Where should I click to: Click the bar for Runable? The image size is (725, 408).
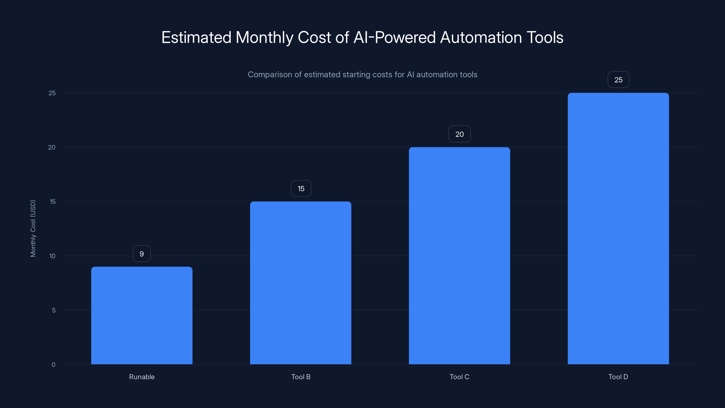click(142, 315)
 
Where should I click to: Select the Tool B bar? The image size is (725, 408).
click(301, 283)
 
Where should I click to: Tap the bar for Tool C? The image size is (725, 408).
click(459, 256)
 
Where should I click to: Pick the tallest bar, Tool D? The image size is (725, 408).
click(618, 228)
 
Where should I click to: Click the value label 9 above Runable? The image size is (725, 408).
click(142, 254)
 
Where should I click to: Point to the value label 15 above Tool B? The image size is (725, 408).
click(301, 188)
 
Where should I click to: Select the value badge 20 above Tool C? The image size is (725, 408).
click(459, 134)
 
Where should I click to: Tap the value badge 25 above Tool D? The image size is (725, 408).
click(618, 80)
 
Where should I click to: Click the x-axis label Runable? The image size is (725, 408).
click(142, 377)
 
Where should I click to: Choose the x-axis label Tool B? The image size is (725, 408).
click(301, 377)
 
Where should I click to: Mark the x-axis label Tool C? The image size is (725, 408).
click(459, 377)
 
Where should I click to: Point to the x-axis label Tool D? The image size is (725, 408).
click(618, 377)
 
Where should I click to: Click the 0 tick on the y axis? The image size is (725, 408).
click(53, 365)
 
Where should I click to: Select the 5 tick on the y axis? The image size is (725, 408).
click(53, 310)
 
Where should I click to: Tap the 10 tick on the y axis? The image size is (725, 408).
click(52, 256)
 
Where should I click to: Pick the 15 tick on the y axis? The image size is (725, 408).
click(52, 202)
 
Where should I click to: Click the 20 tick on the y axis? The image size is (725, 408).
click(52, 147)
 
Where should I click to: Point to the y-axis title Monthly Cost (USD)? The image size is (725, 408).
click(33, 228)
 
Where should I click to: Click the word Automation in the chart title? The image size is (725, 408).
click(481, 37)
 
